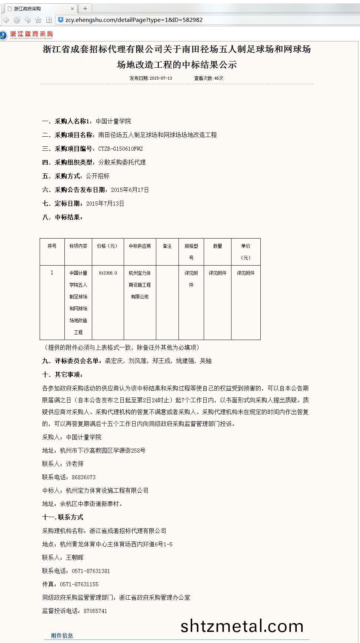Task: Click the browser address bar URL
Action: pyautogui.click(x=134, y=20)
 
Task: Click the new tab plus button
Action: pyautogui.click(x=85, y=9)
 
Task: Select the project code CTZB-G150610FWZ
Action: pyautogui.click(x=120, y=149)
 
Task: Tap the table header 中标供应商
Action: pyautogui.click(x=140, y=246)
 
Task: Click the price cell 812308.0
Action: pyautogui.click(x=108, y=273)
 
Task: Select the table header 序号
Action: pyautogui.click(x=52, y=246)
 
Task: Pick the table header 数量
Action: pyautogui.click(x=217, y=246)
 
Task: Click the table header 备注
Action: pyautogui.click(x=167, y=246)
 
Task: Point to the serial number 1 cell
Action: pyautogui.click(x=52, y=273)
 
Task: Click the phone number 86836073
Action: pyautogui.click(x=84, y=477)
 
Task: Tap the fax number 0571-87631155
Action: pyautogui.click(x=79, y=584)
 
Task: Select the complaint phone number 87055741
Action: pyautogui.click(x=95, y=611)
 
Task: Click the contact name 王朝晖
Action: pyautogui.click(x=75, y=558)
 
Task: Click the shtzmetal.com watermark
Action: pyautogui.click(x=242, y=626)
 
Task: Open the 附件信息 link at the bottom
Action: pyautogui.click(x=62, y=636)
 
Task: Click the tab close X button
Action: pyautogui.click(x=73, y=9)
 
